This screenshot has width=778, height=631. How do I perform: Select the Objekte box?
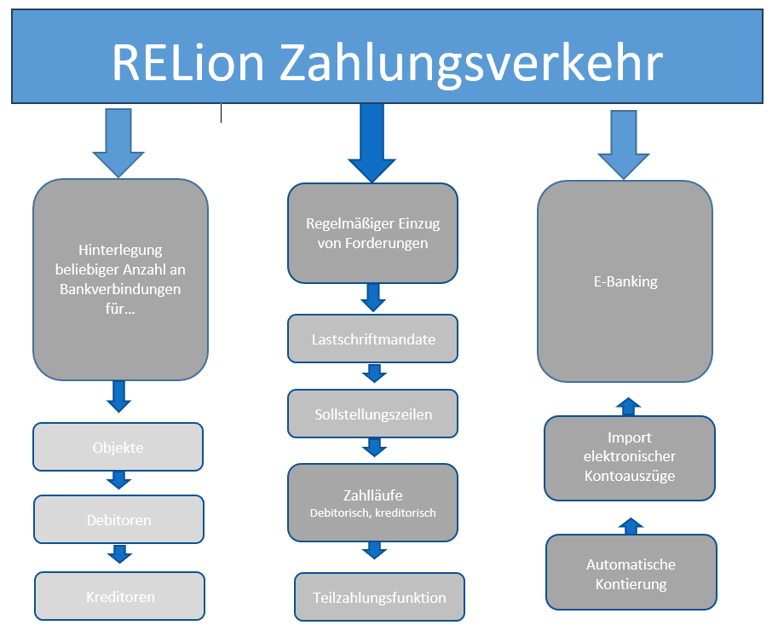pos(118,448)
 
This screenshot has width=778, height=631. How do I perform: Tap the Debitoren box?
pos(118,519)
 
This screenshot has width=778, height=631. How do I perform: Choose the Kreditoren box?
pos(119,596)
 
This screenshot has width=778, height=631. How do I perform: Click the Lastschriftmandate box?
pos(372,339)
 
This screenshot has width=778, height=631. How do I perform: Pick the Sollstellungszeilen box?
pos(372,414)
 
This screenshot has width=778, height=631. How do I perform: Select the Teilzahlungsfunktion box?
pos(379,597)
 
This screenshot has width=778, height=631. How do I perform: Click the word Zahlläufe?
pos(372,495)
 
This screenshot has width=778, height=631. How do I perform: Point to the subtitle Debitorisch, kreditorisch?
pos(372,512)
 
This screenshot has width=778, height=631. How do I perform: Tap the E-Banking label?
pos(625,281)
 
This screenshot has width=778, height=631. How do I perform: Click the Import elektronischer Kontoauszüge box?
pos(629,457)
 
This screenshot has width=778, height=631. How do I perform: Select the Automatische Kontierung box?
pos(631,574)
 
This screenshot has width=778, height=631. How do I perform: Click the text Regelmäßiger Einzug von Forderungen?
pos(372,234)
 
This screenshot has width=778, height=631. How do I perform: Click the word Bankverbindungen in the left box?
pos(120,288)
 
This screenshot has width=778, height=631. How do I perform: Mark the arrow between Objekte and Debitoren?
pos(119,482)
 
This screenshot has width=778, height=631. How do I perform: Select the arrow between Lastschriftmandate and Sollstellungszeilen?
pos(373,373)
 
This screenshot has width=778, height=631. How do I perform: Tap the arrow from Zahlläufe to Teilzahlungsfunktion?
pos(373,551)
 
